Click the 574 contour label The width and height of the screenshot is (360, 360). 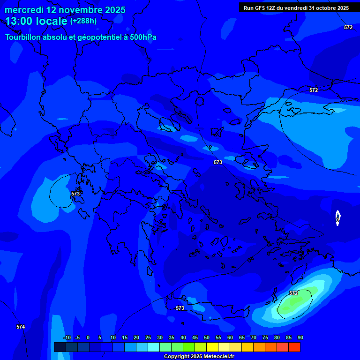[20, 327]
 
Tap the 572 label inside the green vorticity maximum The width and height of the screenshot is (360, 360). [293, 293]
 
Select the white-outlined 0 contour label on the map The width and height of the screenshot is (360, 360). [337, 219]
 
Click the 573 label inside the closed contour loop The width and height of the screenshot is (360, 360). [75, 194]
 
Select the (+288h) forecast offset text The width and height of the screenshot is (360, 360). [83, 21]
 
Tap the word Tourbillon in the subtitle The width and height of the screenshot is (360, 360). [24, 37]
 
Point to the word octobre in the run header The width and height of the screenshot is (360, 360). [323, 8]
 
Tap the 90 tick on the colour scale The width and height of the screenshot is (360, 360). [300, 337]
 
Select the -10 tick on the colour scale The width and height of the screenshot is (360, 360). [67, 337]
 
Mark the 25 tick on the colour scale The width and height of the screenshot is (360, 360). [148, 337]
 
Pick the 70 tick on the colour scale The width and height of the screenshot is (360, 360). [253, 337]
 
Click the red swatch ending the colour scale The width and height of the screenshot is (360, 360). [294, 347]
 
